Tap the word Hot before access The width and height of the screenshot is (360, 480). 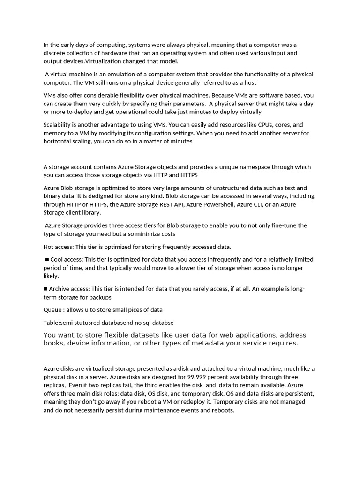[x=49, y=247]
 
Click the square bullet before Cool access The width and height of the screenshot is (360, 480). [x=47, y=259]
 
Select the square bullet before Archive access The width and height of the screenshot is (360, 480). [x=45, y=289]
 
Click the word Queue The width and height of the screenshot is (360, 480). [x=52, y=310]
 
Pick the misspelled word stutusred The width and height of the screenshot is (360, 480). [x=89, y=322]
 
